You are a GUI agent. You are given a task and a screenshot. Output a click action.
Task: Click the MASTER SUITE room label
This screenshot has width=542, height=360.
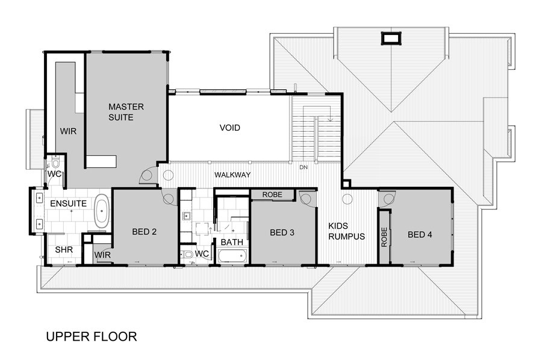(126, 112)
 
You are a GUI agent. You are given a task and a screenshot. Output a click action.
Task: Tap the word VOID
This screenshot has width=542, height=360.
(229, 128)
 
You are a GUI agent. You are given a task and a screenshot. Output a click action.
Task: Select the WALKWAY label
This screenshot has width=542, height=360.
(232, 175)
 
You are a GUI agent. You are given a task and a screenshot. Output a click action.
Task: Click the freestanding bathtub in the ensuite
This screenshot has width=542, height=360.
(102, 213)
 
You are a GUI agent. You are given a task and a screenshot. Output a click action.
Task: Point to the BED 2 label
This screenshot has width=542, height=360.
(144, 231)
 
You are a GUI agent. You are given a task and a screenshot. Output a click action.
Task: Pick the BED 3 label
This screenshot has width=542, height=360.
(282, 232)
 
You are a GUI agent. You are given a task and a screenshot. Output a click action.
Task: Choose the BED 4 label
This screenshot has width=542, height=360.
(419, 235)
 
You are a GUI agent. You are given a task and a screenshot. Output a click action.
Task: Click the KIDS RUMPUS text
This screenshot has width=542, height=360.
(346, 231)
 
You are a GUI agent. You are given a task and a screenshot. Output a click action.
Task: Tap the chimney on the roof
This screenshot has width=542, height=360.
(391, 39)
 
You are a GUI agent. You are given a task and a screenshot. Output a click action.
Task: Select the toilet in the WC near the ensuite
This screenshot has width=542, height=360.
(55, 163)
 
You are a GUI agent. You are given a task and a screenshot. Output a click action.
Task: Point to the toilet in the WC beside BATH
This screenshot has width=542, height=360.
(188, 255)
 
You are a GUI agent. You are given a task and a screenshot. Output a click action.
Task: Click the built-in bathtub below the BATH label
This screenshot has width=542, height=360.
(232, 256)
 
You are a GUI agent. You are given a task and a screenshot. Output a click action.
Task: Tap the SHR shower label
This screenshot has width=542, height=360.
(64, 249)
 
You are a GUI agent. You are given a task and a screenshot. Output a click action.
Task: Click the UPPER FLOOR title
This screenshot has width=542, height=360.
(92, 336)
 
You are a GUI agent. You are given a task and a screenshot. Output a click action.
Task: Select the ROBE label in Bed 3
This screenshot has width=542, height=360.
(272, 195)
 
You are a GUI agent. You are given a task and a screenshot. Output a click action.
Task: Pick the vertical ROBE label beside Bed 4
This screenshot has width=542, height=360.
(384, 237)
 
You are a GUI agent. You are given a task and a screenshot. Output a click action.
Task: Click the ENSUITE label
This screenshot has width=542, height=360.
(68, 204)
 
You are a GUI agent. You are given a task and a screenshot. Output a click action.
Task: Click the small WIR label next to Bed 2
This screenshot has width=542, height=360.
(102, 255)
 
